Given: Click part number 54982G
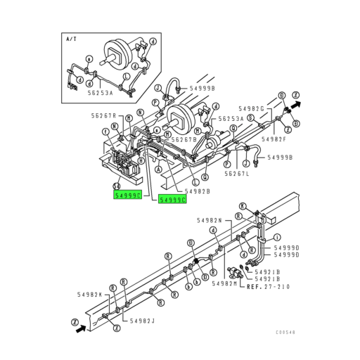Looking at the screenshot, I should [x=250, y=108].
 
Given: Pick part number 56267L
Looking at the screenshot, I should [x=238, y=174].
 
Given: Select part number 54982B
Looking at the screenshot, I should [x=198, y=191].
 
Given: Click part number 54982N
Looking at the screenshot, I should [x=208, y=219].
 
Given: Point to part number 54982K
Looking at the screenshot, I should [x=89, y=294].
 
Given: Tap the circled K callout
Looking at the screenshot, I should [x=243, y=206].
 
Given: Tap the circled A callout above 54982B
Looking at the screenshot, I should [x=159, y=169].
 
